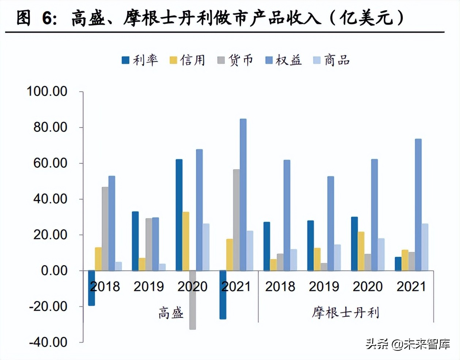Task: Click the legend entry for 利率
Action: (x=140, y=60)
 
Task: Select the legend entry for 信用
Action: (x=188, y=60)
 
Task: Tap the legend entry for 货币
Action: (x=235, y=60)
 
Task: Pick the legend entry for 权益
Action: (x=283, y=60)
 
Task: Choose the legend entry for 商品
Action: (x=332, y=60)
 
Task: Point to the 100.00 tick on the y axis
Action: (x=47, y=91)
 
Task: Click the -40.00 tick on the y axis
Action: (x=48, y=342)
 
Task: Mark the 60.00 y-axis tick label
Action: (x=50, y=163)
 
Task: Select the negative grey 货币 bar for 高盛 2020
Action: (x=192, y=300)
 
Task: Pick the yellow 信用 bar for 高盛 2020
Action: (x=186, y=241)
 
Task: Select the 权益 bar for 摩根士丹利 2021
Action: (x=418, y=205)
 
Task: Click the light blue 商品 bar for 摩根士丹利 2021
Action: (x=425, y=247)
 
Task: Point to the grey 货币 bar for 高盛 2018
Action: (x=105, y=229)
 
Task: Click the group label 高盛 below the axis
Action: (x=171, y=313)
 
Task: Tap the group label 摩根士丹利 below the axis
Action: (x=346, y=313)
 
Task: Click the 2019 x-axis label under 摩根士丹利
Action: (x=324, y=286)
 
